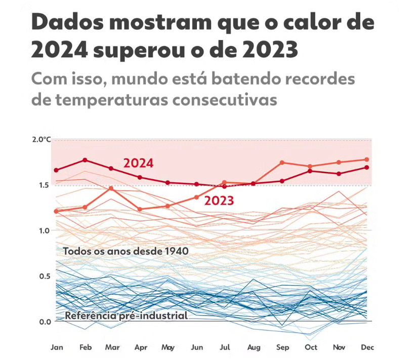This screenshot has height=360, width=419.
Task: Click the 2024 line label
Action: [x=138, y=164]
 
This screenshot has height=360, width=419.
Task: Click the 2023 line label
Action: [x=219, y=201]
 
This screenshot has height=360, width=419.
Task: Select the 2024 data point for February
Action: [x=85, y=160]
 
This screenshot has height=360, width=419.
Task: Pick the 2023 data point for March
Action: [x=111, y=188]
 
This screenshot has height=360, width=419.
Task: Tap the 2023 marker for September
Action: [x=282, y=163]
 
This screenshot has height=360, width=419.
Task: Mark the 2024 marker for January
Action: [x=56, y=170]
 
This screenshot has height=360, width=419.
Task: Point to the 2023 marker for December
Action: [x=366, y=159]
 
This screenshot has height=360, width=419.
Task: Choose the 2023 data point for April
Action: [x=140, y=209]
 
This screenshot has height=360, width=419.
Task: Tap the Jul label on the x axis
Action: [x=225, y=347]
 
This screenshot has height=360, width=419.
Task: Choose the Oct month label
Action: [x=310, y=347]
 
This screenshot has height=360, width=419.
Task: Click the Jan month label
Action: [x=56, y=347]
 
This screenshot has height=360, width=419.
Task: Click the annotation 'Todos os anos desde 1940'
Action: [x=125, y=251]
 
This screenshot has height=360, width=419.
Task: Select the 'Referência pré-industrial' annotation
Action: [x=126, y=316]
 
